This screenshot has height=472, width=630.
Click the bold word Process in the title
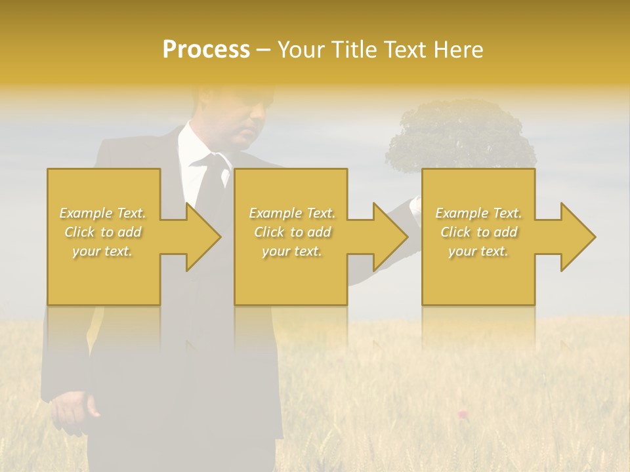click(x=206, y=49)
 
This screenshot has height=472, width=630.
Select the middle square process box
click(x=291, y=282)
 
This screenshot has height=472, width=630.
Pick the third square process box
click(x=478, y=282)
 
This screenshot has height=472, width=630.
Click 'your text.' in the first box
click(x=102, y=250)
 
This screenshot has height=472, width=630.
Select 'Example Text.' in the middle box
click(x=292, y=213)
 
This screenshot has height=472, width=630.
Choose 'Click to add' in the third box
click(x=479, y=232)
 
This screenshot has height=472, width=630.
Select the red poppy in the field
click(x=463, y=414)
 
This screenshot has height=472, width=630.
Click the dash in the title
click(x=263, y=50)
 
